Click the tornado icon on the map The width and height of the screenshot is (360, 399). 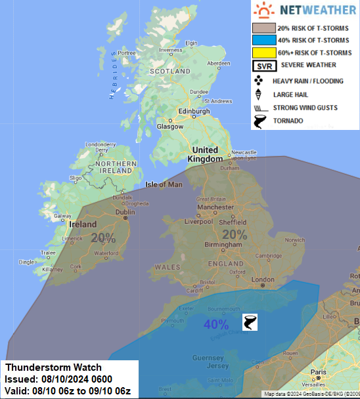click(250, 322)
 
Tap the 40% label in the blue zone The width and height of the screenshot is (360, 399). click(215, 324)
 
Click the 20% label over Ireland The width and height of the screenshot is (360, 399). click(103, 238)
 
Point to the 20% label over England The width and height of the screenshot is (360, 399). click(235, 234)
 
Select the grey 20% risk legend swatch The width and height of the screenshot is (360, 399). click(264, 28)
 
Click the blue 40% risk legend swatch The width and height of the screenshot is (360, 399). click(264, 41)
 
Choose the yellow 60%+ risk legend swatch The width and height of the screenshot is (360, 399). click(264, 52)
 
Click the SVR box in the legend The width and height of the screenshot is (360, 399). click(264, 66)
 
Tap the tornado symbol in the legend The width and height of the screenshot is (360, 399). click(261, 121)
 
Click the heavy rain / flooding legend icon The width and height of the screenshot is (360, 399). click(260, 80)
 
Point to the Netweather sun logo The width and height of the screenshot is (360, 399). click(264, 10)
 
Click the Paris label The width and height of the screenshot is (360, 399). click(319, 372)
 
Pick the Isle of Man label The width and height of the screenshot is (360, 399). click(164, 184)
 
